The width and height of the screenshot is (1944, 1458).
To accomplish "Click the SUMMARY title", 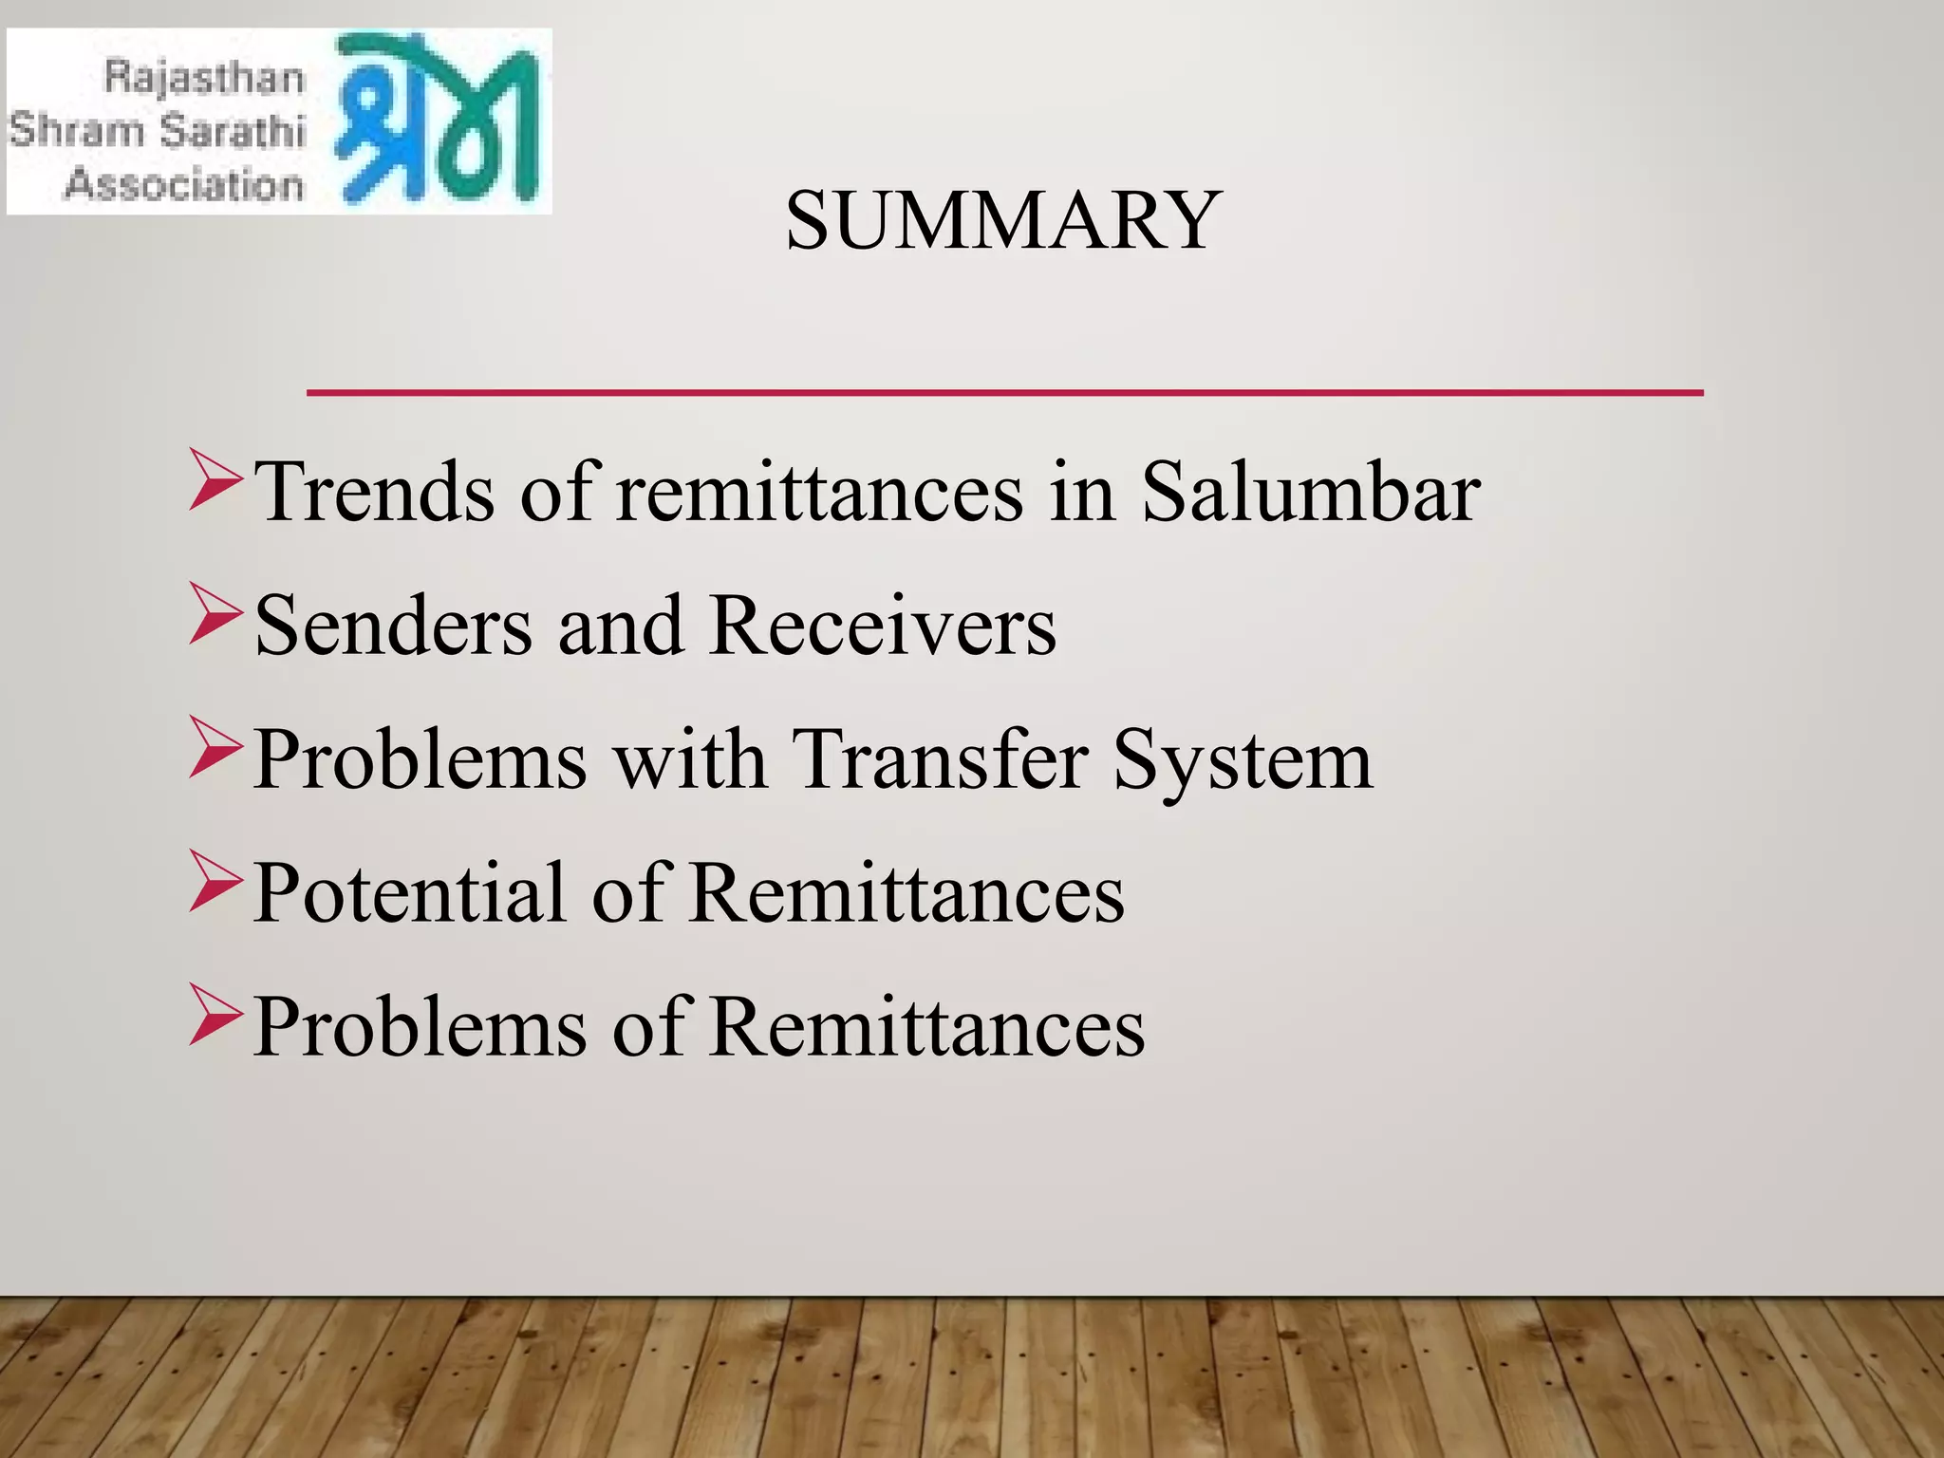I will coord(1002,220).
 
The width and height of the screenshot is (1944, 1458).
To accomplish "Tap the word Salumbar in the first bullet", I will coord(1310,492).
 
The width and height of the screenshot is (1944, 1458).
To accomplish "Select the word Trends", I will coord(376,492).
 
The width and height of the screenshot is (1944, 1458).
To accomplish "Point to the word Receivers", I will coord(882,626).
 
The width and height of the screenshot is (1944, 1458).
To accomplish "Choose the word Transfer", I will coord(939,759).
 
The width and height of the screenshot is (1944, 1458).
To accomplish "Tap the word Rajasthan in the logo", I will coord(204,77).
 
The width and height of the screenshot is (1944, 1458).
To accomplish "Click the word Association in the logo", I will coord(184,183).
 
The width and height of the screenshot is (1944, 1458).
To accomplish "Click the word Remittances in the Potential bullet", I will coord(907,893).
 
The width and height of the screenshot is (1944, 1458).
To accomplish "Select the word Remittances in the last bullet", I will coord(926,1027).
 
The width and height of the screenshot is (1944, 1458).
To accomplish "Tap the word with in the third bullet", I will coord(690,759).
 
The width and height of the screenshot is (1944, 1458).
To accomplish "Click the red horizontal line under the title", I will coord(1004,392).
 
